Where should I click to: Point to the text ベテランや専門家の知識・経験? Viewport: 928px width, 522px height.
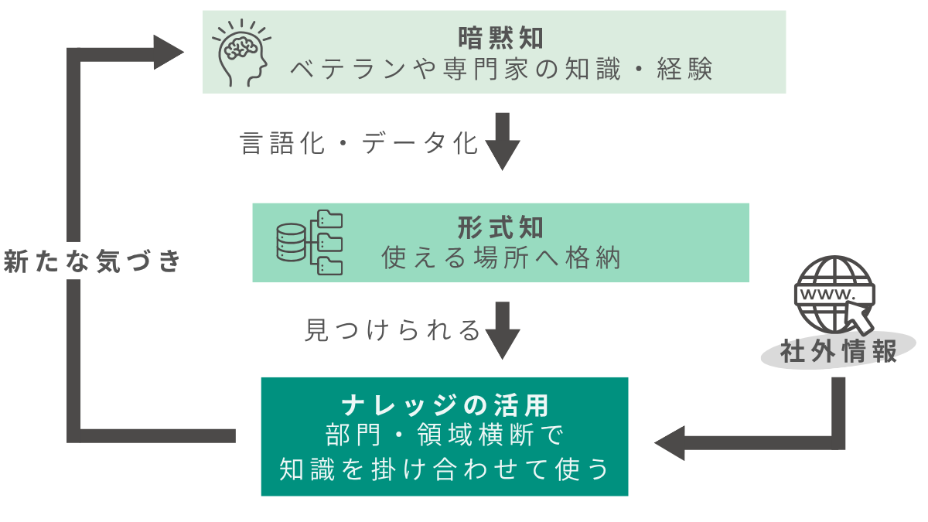coord(500,70)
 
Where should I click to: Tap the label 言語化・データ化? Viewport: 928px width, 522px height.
coord(360,144)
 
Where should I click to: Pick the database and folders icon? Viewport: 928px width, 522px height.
coord(309,242)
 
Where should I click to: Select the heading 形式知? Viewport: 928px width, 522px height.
coord(500,227)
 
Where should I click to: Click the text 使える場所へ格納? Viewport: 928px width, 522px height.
coord(501,259)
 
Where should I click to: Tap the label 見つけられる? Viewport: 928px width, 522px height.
coord(393,331)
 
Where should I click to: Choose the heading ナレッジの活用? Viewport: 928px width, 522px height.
coord(445,404)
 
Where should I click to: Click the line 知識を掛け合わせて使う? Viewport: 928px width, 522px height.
coord(445,469)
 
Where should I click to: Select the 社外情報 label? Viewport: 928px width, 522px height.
coord(838,352)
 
